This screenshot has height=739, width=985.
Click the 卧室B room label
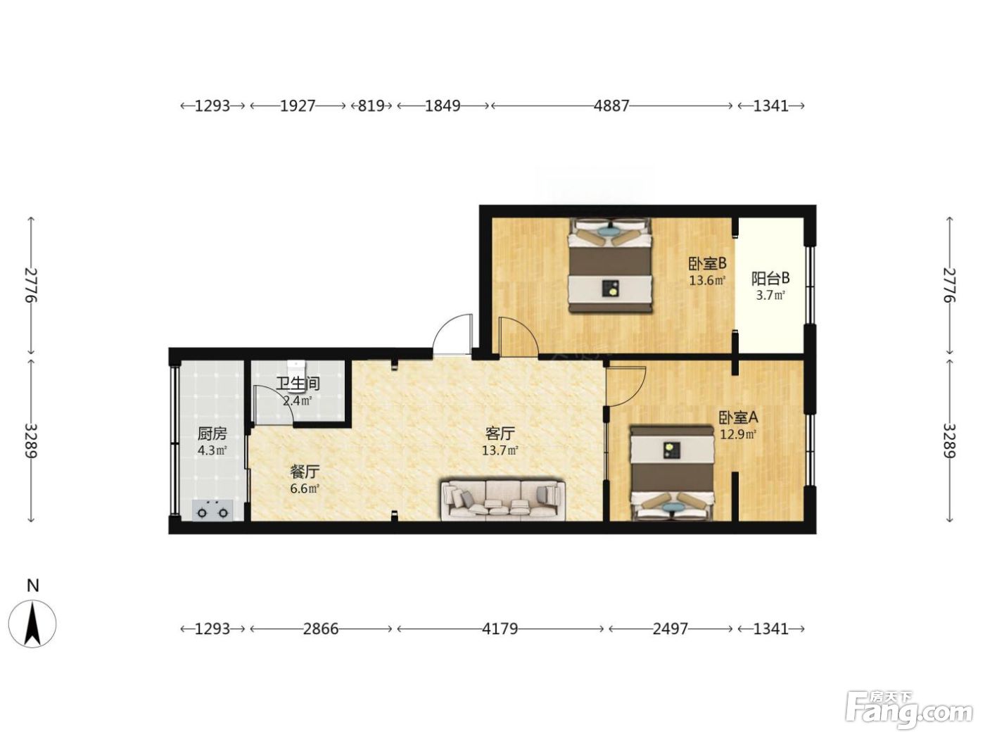[x=707, y=263]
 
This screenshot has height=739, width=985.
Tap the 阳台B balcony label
[x=770, y=279]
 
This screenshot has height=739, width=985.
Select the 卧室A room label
[x=738, y=418]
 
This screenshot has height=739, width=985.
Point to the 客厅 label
[x=500, y=434]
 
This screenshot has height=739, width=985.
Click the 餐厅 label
[x=305, y=472]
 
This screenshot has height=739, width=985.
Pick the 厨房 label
[x=212, y=434]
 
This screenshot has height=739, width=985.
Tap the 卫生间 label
[x=298, y=384]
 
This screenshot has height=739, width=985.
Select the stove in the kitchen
[x=212, y=511]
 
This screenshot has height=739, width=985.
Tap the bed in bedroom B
[x=610, y=265]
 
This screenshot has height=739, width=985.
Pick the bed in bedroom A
[x=672, y=474]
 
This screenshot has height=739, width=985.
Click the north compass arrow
[x=33, y=624]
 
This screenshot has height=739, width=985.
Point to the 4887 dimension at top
[x=611, y=106]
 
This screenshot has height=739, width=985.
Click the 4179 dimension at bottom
[x=500, y=629]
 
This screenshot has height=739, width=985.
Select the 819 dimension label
[x=371, y=106]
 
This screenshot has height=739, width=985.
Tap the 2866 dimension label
[x=320, y=629]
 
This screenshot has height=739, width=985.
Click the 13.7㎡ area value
[x=500, y=450]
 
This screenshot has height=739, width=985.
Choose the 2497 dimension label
[x=670, y=629]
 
